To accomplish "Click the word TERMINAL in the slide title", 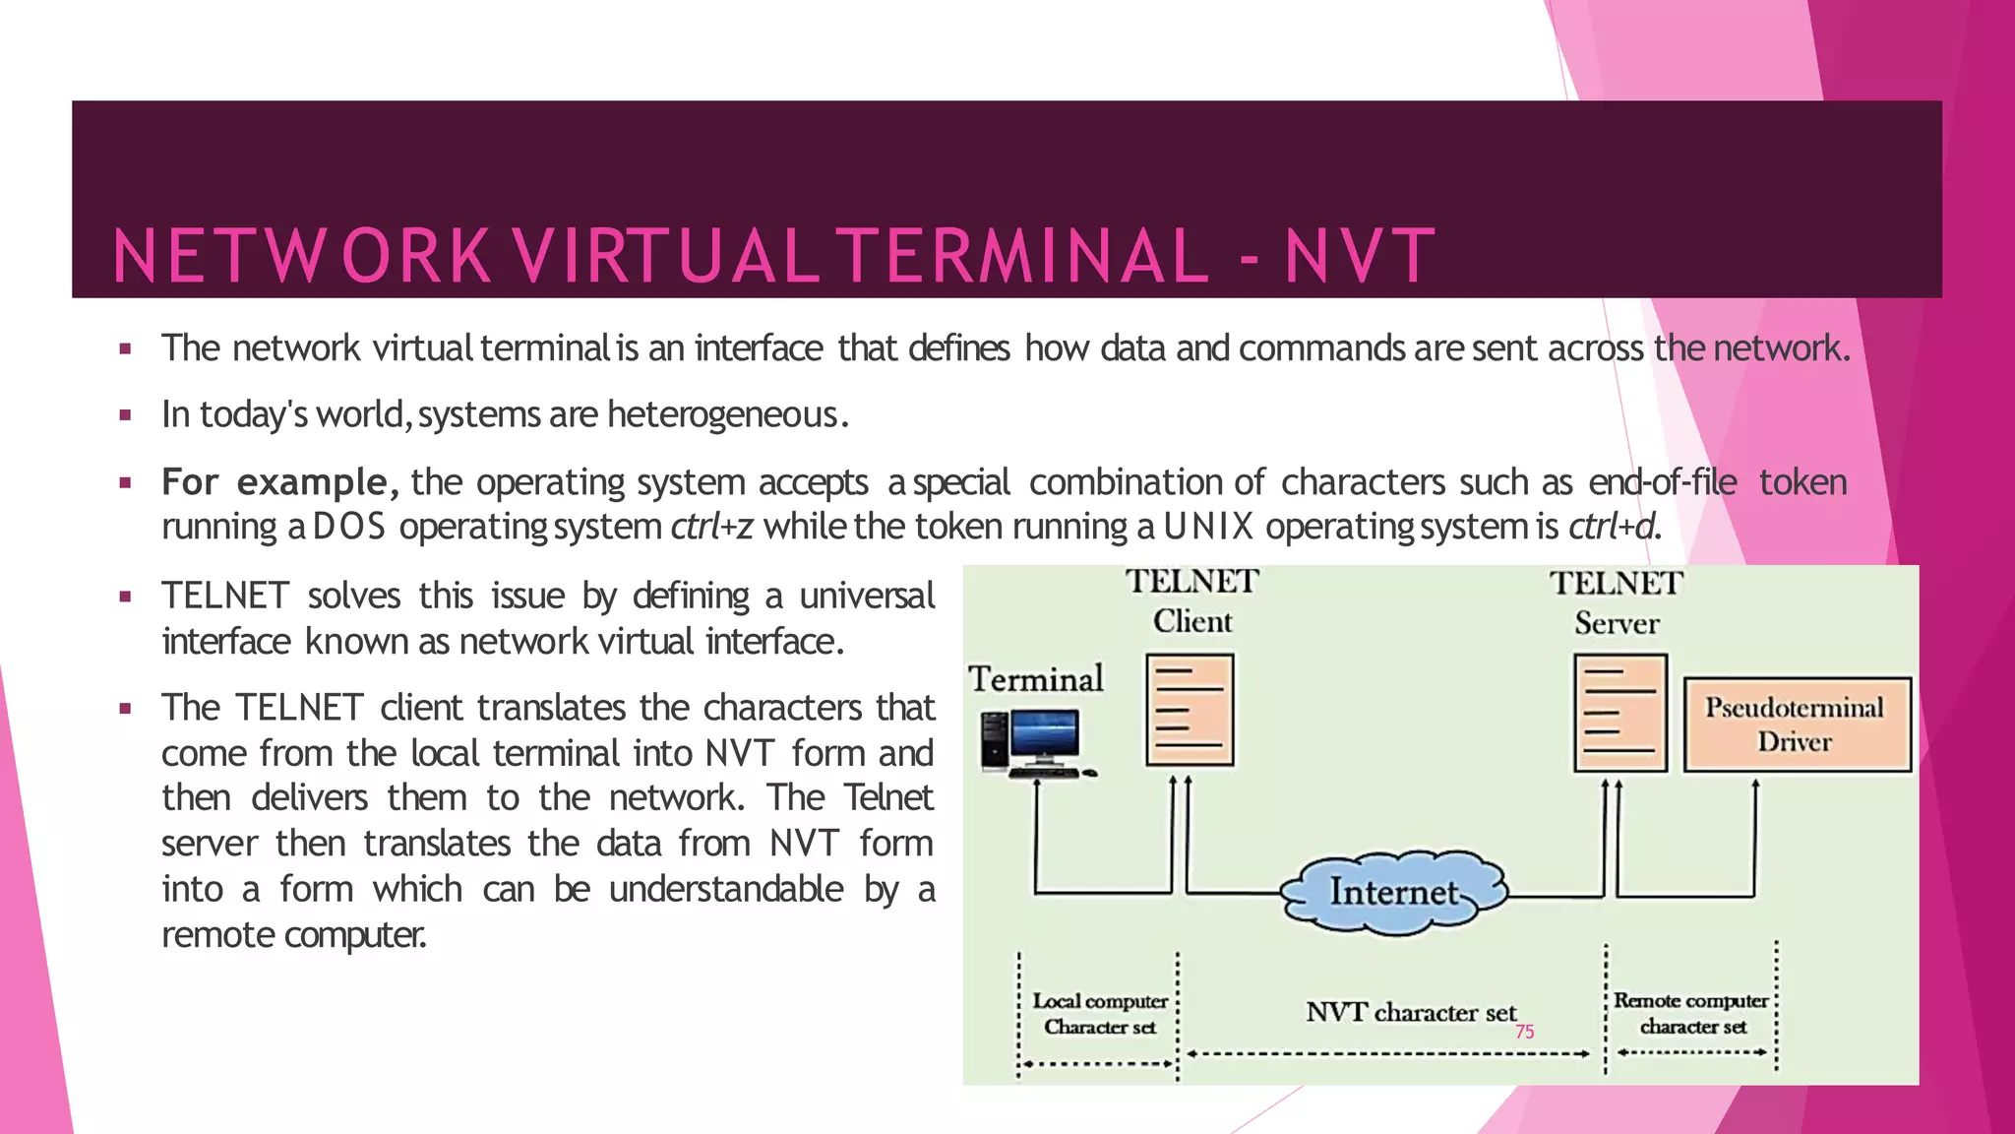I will click(x=1026, y=256).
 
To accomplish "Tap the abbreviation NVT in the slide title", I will click(x=1360, y=256).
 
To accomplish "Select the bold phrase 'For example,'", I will click(x=280, y=482).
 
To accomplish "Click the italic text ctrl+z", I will click(x=711, y=527).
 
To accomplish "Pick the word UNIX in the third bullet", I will click(x=1209, y=527).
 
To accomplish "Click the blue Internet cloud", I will click(x=1393, y=892).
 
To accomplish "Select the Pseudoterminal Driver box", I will click(x=1797, y=724).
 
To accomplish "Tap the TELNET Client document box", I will click(x=1190, y=710).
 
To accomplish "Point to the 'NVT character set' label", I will click(x=1410, y=1012).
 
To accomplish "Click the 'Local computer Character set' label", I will click(x=1100, y=1014).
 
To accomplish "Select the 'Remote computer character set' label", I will click(x=1691, y=1013).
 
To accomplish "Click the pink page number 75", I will click(x=1524, y=1032).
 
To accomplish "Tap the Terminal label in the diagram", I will click(x=1035, y=679).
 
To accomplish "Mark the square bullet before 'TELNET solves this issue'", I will click(x=125, y=597).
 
